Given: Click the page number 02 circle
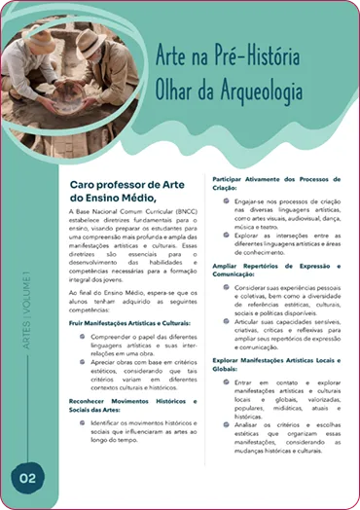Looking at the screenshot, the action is click(x=26, y=478).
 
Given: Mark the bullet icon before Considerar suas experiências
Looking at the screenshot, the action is click(x=225, y=289).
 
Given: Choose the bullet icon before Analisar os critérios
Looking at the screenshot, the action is click(x=225, y=425).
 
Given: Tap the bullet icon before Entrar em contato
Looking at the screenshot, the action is click(x=225, y=382).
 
